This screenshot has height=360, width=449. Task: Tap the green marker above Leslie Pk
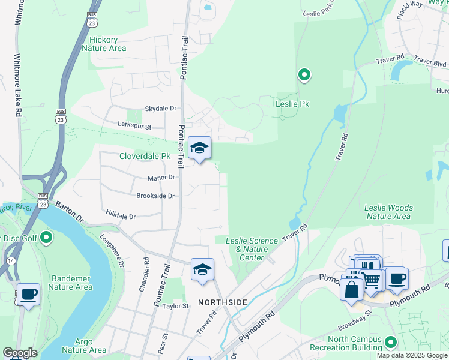pyautogui.click(x=304, y=75)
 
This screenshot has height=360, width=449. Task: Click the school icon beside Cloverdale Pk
pyautogui.click(x=199, y=148)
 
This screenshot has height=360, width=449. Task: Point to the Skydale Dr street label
pyautogui.click(x=161, y=109)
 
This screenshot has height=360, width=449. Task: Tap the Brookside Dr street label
pyautogui.click(x=155, y=196)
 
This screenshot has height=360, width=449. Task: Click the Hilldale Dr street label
pyautogui.click(x=121, y=216)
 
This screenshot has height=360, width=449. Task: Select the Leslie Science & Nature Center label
pyautogui.click(x=252, y=249)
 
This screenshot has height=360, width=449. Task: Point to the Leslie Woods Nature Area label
pyautogui.click(x=388, y=212)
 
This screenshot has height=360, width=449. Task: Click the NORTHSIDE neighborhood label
pyautogui.click(x=221, y=302)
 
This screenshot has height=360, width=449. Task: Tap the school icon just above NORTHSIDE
pyautogui.click(x=202, y=269)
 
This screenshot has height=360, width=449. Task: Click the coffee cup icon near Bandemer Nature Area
pyautogui.click(x=28, y=295)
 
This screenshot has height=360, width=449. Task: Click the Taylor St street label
pyautogui.click(x=175, y=306)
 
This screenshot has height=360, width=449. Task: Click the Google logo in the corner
pyautogui.click(x=20, y=353)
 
